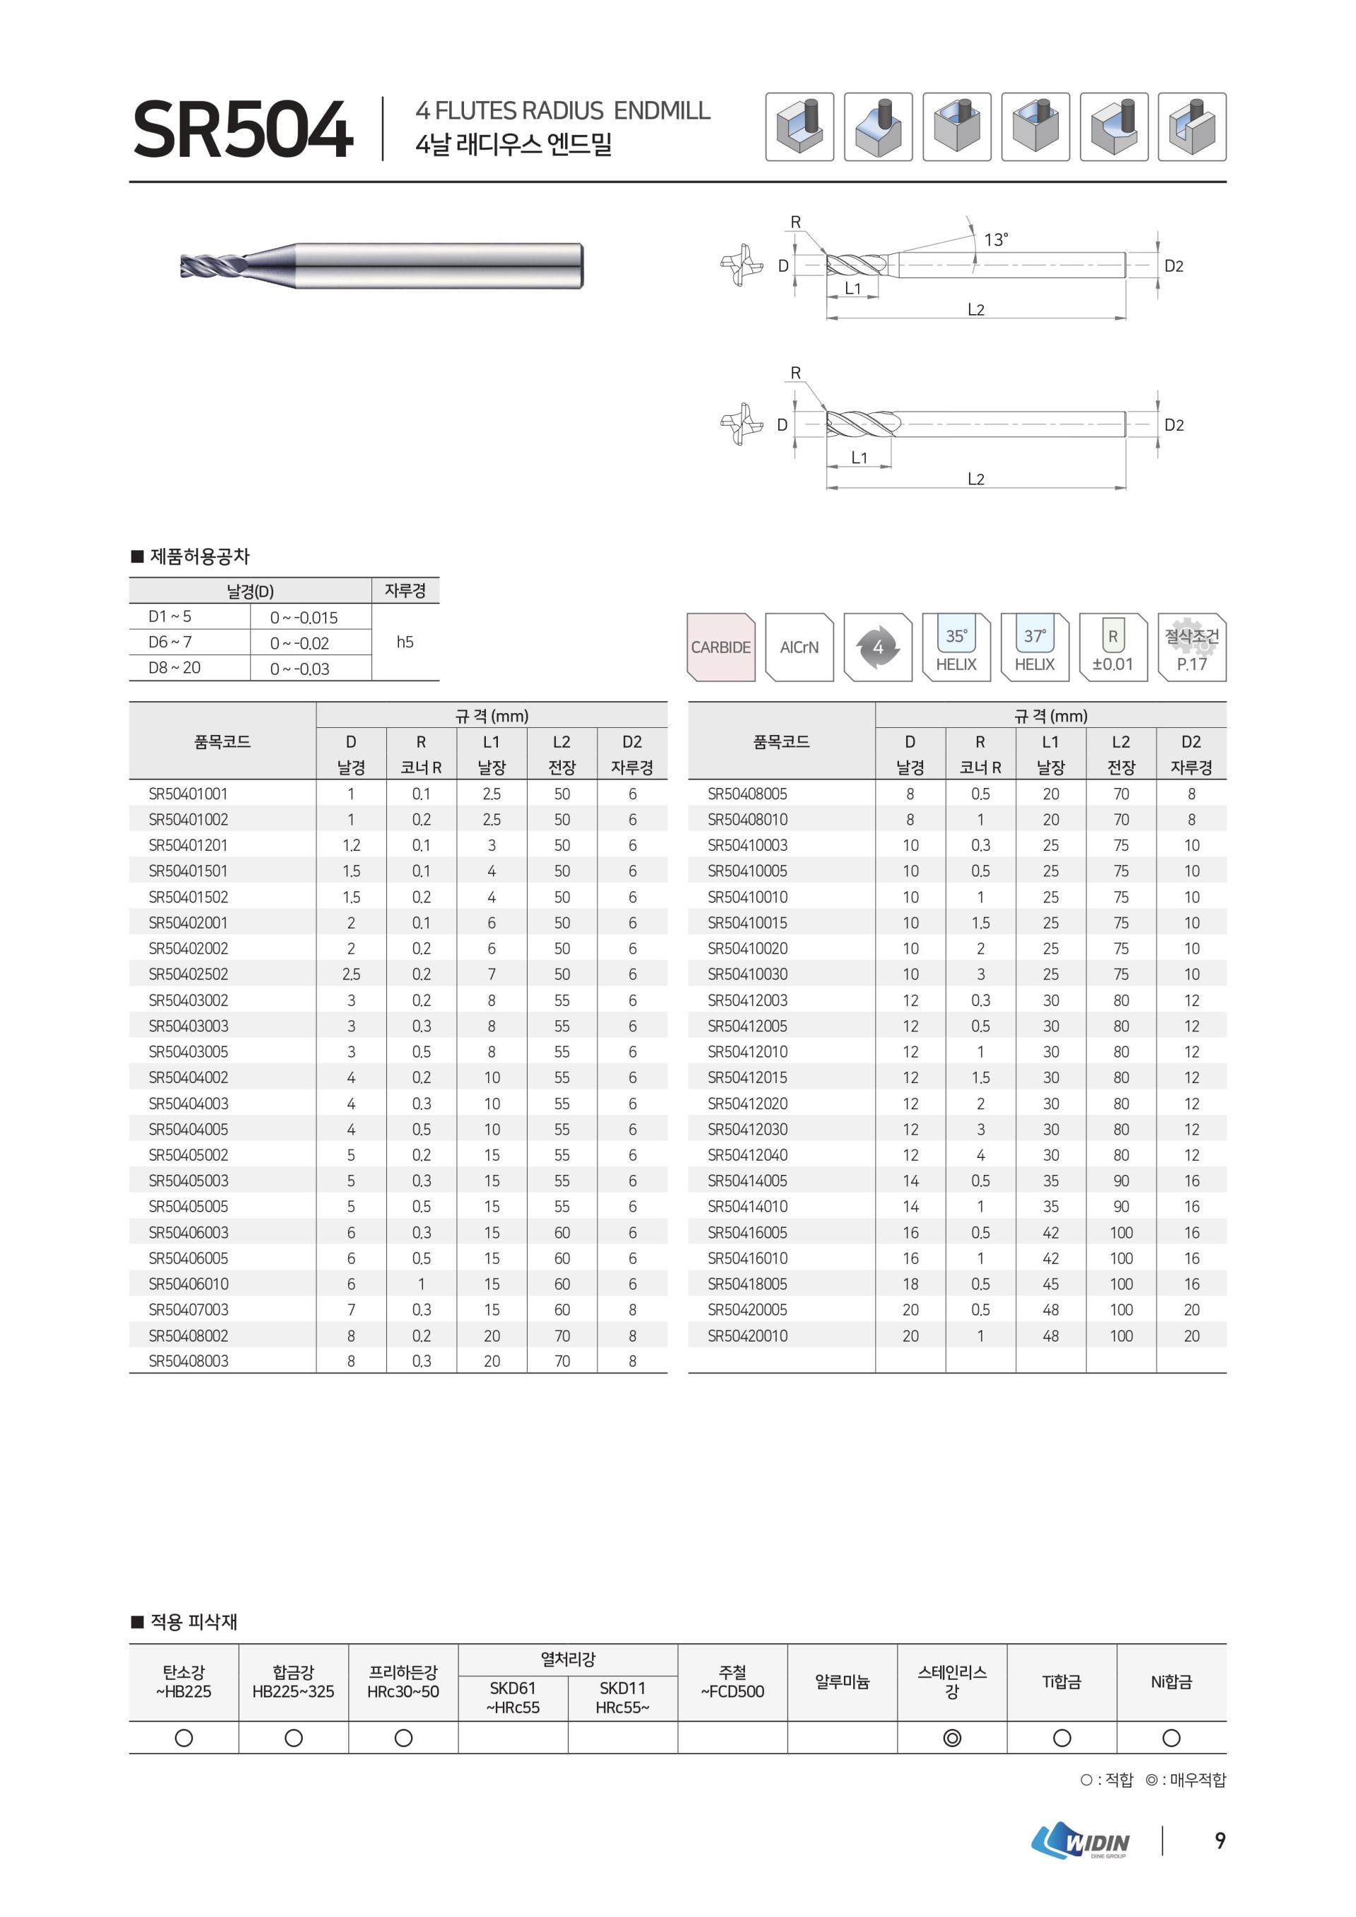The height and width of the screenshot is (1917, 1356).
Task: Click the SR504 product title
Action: click(x=242, y=129)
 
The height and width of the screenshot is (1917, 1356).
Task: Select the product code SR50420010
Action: click(x=747, y=1335)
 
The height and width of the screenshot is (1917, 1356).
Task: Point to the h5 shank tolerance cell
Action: click(x=405, y=641)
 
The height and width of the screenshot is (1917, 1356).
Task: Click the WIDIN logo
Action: click(x=1081, y=1840)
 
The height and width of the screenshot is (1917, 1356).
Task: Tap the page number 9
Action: click(x=1220, y=1840)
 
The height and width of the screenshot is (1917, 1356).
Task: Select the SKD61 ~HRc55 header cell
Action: click(x=513, y=1697)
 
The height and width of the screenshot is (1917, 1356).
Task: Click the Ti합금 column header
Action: click(x=1061, y=1682)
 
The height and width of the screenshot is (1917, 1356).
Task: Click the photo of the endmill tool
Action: click(x=381, y=266)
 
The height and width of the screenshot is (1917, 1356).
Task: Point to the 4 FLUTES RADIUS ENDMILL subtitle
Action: click(x=563, y=110)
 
